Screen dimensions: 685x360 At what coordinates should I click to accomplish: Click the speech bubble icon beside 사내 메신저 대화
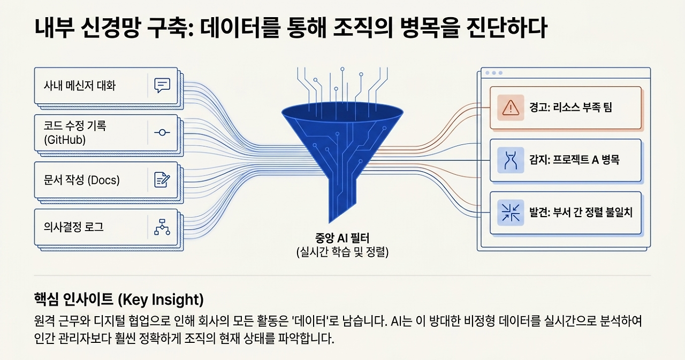click(x=162, y=85)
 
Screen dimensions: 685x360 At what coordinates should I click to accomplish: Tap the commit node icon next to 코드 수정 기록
click(x=162, y=132)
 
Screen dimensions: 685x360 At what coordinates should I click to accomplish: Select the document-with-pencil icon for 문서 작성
click(x=162, y=180)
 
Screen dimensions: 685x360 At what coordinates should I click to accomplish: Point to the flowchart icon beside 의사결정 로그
click(x=162, y=227)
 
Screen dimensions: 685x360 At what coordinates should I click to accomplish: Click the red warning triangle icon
click(x=511, y=108)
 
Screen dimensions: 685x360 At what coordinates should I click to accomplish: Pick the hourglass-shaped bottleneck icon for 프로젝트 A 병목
click(x=511, y=160)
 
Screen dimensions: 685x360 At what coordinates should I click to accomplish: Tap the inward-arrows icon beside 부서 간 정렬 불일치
click(x=511, y=212)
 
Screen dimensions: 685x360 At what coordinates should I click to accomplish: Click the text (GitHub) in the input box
click(x=65, y=140)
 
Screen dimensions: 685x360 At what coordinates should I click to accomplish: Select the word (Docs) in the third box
click(x=103, y=180)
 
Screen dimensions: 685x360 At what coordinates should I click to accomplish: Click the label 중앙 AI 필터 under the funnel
click(x=342, y=238)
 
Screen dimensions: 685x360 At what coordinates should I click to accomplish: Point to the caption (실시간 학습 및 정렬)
click(x=342, y=252)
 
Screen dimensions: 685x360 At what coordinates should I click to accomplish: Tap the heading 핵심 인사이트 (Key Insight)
click(x=119, y=300)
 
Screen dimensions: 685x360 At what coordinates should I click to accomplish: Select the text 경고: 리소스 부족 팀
click(x=570, y=108)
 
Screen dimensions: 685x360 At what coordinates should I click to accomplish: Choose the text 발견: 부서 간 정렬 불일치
click(x=581, y=212)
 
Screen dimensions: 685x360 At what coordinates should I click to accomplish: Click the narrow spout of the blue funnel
click(x=342, y=198)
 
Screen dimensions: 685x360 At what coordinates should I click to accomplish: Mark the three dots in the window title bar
click(x=494, y=73)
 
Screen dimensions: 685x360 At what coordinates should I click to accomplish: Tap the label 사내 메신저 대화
click(x=80, y=86)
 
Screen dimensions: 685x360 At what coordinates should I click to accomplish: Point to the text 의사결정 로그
click(x=74, y=227)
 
